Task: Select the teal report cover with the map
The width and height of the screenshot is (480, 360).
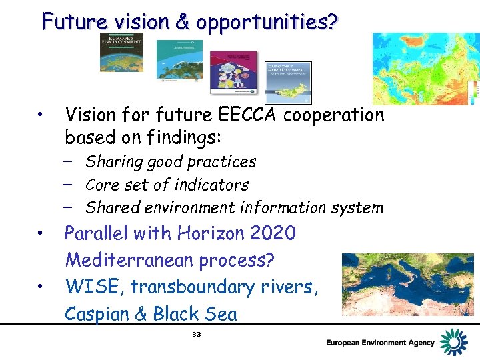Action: (179, 60)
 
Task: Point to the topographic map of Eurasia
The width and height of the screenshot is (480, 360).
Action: (425, 69)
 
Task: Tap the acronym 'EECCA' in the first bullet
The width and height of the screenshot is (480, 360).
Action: (249, 115)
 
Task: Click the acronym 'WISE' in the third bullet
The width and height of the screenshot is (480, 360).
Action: (88, 287)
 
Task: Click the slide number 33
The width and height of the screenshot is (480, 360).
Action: (196, 334)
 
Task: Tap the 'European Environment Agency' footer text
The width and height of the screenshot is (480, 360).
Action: (379, 343)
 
